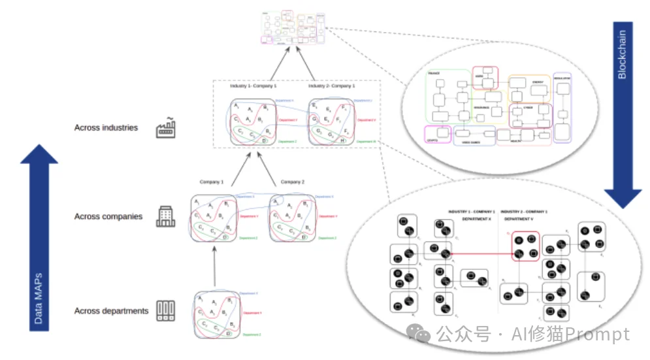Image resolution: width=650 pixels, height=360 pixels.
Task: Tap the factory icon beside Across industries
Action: point(165,127)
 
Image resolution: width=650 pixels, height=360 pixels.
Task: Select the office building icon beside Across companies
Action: point(165,216)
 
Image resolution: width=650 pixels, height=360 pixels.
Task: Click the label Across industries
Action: point(106,127)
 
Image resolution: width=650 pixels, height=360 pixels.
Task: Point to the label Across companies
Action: point(108,216)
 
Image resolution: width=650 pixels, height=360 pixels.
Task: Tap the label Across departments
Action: point(111,311)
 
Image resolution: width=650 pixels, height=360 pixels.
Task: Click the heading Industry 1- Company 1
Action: point(253,86)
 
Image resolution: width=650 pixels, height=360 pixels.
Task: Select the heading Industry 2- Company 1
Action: point(332,86)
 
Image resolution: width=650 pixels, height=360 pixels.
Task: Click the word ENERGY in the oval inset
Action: point(538,82)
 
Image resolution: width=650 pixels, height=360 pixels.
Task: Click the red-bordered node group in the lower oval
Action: point(525,246)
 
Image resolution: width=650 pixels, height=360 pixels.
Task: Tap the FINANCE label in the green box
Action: point(435,74)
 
